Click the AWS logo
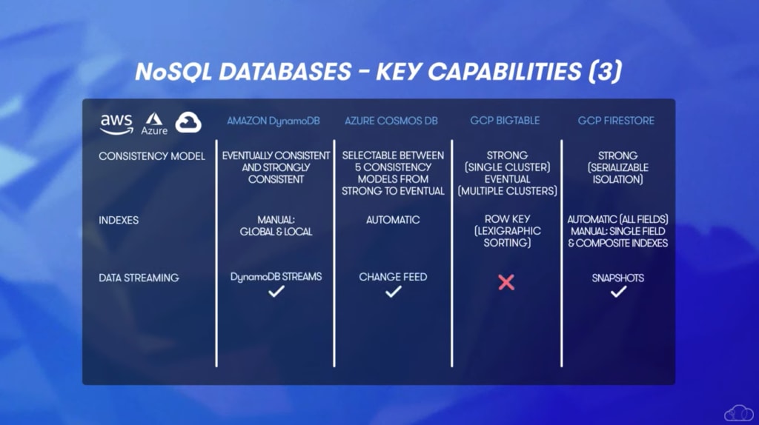click(116, 124)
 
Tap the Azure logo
click(154, 124)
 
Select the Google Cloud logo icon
click(188, 122)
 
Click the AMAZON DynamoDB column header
click(274, 121)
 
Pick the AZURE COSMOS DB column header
click(391, 121)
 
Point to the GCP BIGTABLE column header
click(505, 121)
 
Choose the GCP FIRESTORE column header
click(616, 121)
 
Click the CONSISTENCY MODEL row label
click(152, 156)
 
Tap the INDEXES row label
click(119, 220)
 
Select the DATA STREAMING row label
click(139, 278)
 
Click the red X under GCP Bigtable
click(506, 282)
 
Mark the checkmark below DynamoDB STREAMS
click(276, 292)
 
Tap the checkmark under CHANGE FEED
click(393, 292)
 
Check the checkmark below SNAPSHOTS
click(618, 292)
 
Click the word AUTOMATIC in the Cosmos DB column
click(393, 220)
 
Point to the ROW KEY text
click(507, 219)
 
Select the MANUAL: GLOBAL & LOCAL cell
click(276, 226)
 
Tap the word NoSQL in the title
click(173, 72)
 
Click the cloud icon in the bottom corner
click(739, 413)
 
